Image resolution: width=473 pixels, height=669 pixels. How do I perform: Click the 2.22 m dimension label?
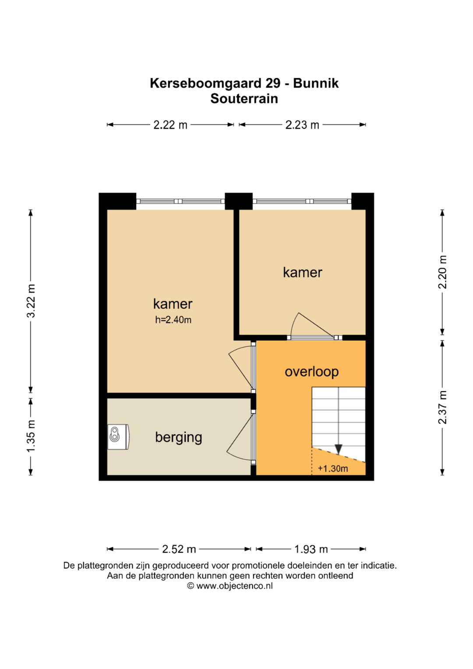(x=170, y=125)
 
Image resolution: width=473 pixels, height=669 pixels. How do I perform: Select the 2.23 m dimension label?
(x=302, y=125)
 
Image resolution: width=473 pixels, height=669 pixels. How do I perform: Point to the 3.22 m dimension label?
(x=31, y=301)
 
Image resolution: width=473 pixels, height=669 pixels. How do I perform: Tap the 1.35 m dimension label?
(x=31, y=436)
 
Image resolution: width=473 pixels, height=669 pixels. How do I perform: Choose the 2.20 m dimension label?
(x=442, y=272)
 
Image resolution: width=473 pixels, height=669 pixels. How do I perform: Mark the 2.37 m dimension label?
(x=442, y=407)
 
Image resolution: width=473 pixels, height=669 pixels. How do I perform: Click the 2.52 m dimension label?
(x=179, y=549)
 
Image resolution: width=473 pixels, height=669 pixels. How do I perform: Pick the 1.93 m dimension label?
(x=311, y=549)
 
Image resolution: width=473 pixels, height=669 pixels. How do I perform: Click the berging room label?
(x=179, y=438)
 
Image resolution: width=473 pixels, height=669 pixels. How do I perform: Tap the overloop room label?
(x=312, y=372)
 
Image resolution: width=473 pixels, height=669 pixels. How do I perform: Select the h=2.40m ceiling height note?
(x=173, y=320)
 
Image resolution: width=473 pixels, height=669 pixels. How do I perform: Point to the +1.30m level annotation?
(x=333, y=469)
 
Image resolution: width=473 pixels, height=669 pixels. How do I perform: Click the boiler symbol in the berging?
(x=119, y=437)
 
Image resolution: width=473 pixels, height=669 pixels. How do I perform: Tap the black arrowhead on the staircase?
(x=338, y=449)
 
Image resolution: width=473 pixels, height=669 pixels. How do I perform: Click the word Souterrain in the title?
(x=244, y=99)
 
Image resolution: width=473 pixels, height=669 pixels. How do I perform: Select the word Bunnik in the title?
(x=316, y=83)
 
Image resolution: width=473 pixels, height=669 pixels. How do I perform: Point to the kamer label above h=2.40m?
(x=173, y=304)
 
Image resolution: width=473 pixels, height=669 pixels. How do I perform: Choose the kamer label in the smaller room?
(x=303, y=273)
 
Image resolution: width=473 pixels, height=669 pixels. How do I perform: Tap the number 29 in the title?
(x=273, y=83)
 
